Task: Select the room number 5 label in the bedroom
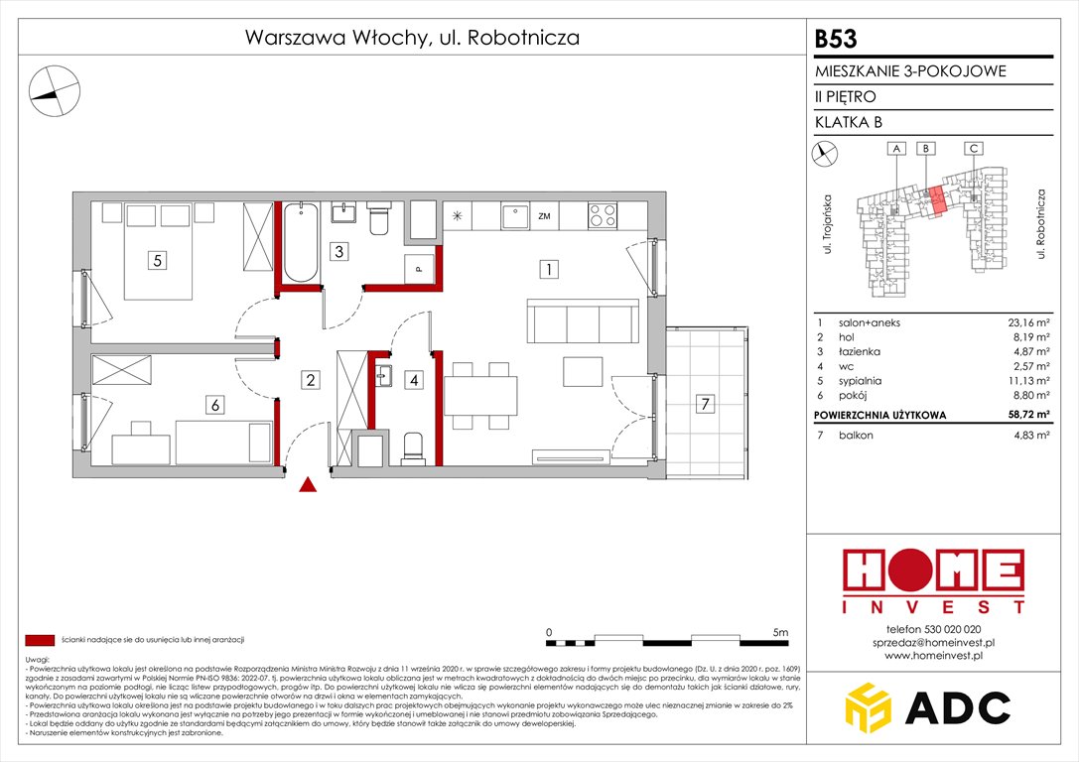[157, 261]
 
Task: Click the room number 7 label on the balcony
[704, 404]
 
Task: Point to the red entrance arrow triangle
[309, 484]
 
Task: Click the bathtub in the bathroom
[301, 242]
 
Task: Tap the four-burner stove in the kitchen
[603, 215]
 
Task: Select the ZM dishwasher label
[544, 215]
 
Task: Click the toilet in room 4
[414, 447]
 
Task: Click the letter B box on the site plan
[925, 149]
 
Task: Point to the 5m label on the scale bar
[780, 632]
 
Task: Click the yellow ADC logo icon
[872, 706]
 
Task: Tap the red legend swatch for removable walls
[40, 640]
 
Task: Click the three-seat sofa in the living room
[583, 321]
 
